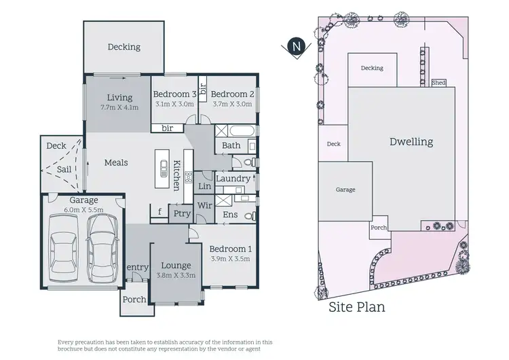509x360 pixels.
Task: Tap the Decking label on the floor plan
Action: tap(124, 47)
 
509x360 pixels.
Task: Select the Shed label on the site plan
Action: tap(438, 83)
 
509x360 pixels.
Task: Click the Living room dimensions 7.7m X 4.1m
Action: tap(119, 107)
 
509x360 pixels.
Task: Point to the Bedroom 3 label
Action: tap(174, 94)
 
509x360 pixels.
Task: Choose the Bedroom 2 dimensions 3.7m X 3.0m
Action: tap(232, 104)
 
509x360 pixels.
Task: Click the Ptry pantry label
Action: tap(182, 214)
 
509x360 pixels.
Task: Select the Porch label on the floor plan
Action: tap(134, 300)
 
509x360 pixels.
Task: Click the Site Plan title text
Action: tap(356, 308)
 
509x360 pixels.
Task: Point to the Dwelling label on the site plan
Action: tap(411, 143)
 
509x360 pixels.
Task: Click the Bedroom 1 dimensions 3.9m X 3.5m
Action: tap(231, 259)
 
